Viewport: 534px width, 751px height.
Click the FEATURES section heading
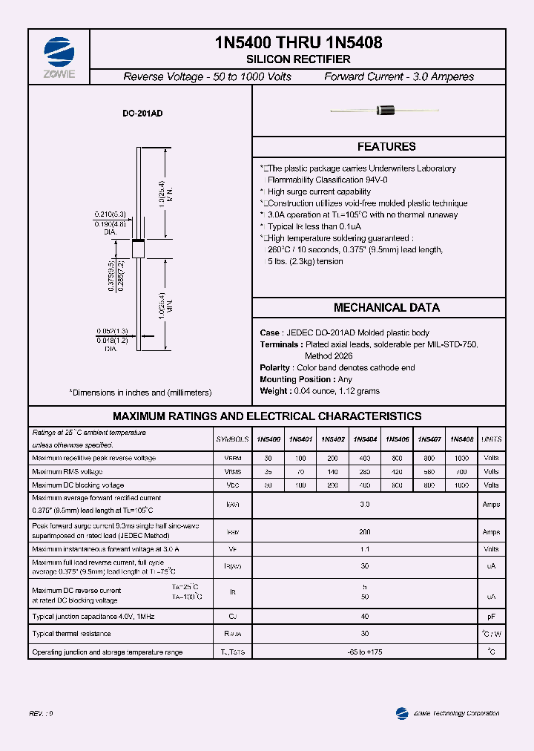(x=386, y=147)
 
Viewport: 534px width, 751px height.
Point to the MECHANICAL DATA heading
(x=386, y=307)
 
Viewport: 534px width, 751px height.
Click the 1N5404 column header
(x=365, y=439)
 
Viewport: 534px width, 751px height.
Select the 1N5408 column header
(x=462, y=439)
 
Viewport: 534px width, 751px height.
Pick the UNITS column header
(x=491, y=439)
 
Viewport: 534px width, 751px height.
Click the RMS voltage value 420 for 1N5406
(x=398, y=472)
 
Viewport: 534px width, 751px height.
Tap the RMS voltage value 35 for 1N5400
(x=268, y=472)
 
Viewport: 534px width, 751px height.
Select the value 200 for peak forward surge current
(x=365, y=532)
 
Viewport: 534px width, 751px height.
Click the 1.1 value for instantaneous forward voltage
(x=365, y=550)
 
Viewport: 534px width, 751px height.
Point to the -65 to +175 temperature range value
(x=365, y=652)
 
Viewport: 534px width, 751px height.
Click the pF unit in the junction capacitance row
(x=491, y=617)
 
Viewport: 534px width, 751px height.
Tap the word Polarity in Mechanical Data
(x=275, y=368)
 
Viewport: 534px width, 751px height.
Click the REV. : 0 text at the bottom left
(x=42, y=713)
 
